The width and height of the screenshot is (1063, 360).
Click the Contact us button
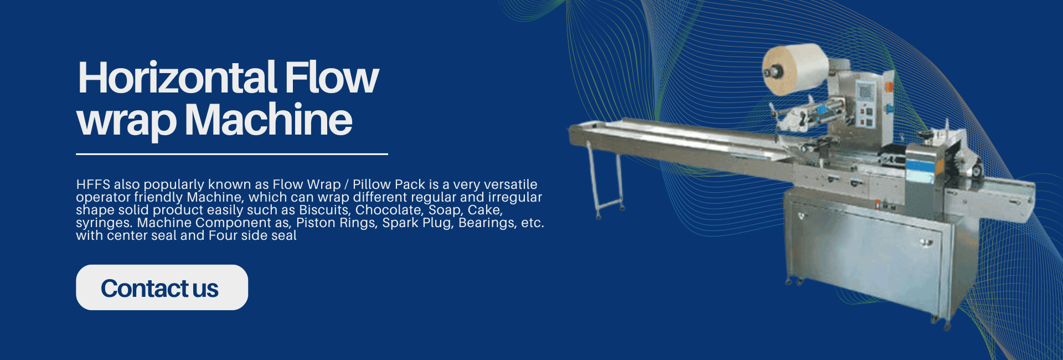(x=162, y=287)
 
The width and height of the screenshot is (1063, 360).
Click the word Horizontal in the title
(x=177, y=78)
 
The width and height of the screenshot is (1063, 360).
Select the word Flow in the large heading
(x=332, y=78)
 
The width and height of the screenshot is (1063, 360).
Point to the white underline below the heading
(x=232, y=154)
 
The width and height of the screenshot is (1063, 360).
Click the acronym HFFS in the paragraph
(x=93, y=184)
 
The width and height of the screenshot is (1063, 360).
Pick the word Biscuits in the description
(x=325, y=210)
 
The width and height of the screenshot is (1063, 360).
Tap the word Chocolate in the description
(x=389, y=210)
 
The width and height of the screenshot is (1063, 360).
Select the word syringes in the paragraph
(x=105, y=223)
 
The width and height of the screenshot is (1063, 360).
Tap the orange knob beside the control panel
(x=889, y=87)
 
